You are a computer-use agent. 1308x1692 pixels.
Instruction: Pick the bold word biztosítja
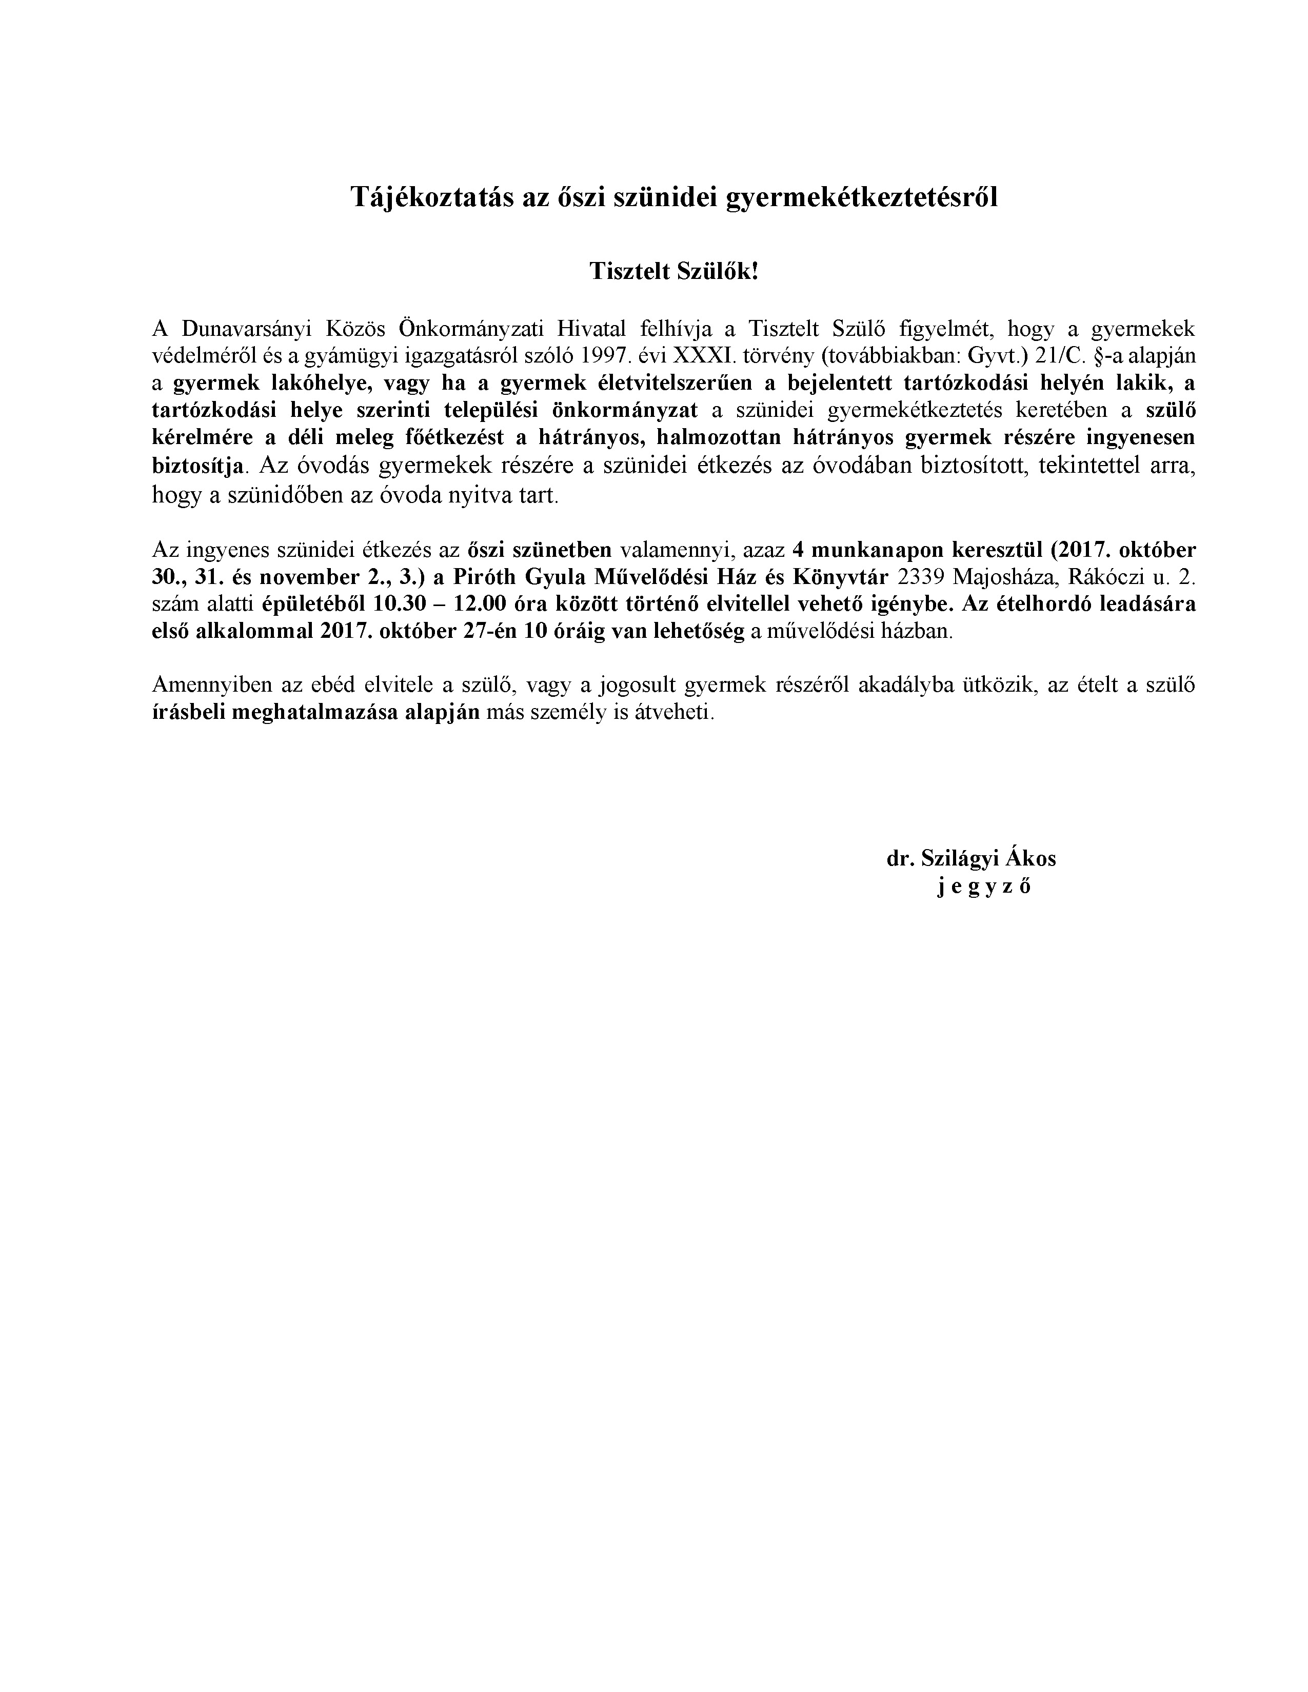click(199, 466)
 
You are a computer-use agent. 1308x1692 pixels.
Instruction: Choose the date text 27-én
click(493, 631)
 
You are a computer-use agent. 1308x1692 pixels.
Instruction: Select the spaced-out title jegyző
click(984, 887)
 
